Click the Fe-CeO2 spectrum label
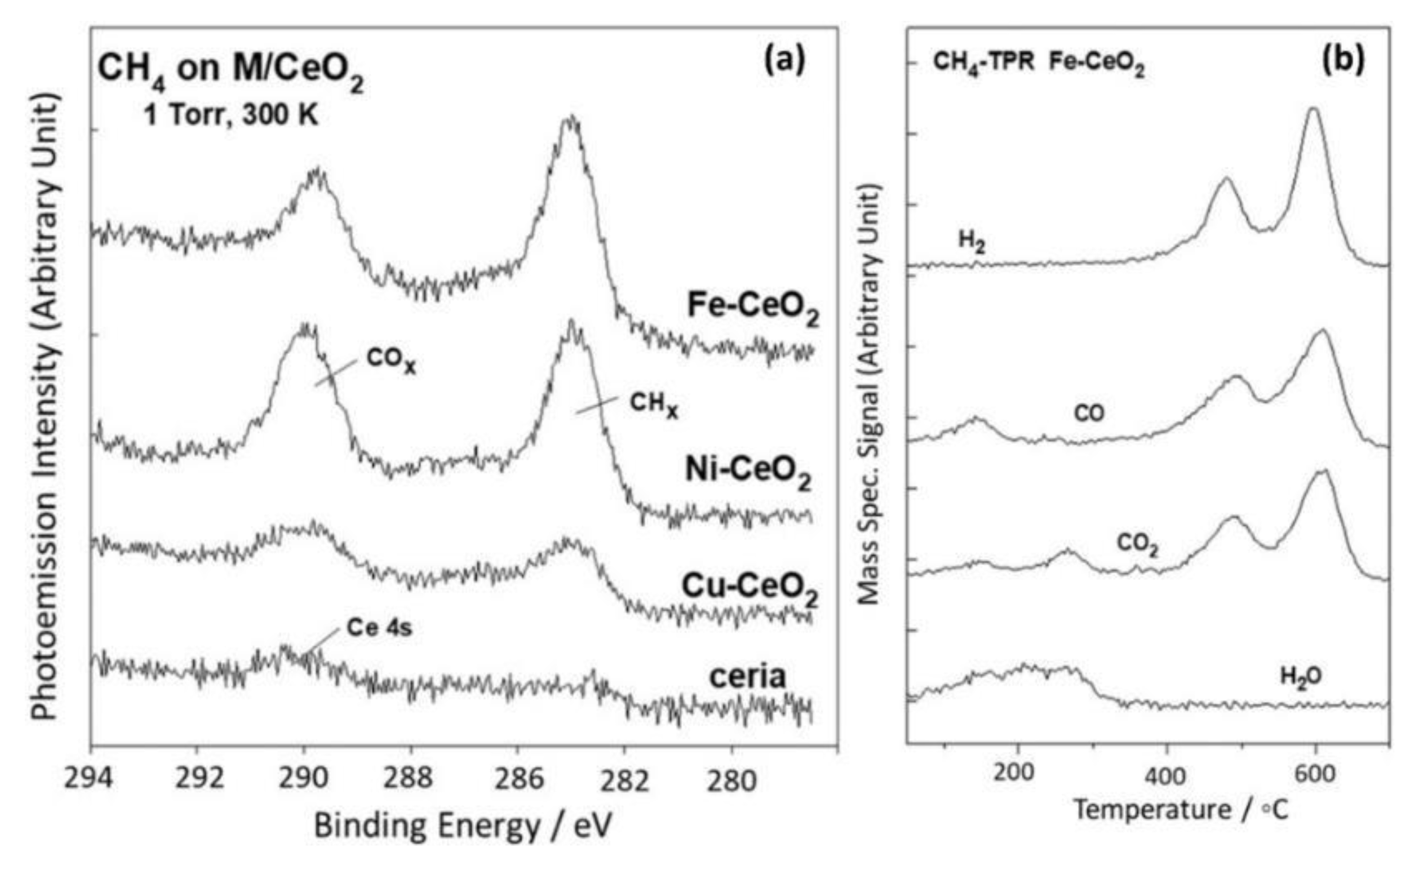(752, 306)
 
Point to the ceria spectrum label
(747, 676)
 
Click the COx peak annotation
(390, 360)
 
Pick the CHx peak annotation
(653, 404)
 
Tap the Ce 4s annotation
(379, 628)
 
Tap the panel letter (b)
(1343, 60)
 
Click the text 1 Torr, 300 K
(230, 115)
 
